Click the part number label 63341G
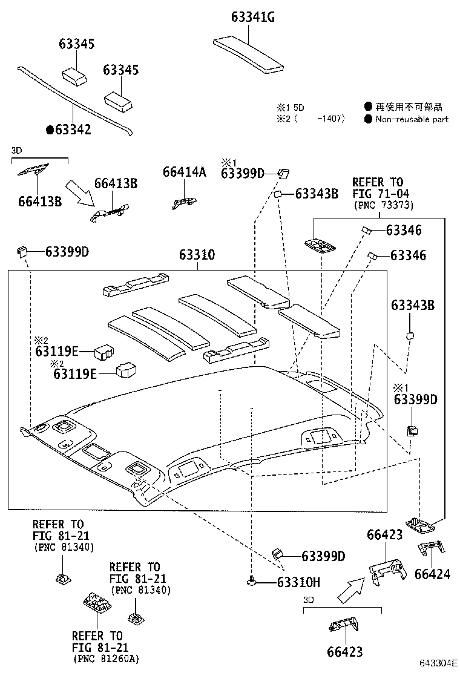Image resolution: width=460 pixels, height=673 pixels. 252,17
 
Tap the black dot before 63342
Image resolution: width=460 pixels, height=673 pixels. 50,130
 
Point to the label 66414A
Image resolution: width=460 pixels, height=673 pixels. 184,172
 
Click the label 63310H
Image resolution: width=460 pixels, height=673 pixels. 298,583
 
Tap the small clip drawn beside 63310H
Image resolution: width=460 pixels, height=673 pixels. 252,582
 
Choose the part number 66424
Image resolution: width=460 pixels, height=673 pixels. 432,573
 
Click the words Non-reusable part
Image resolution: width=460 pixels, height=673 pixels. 412,119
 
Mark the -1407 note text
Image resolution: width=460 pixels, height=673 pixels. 330,119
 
